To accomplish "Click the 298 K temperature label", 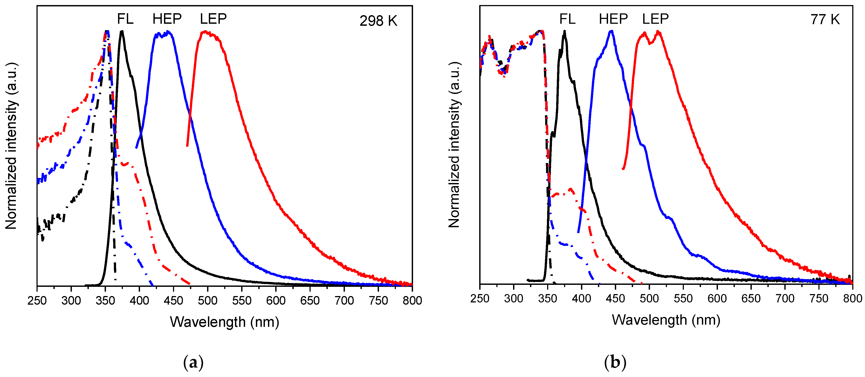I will click(x=378, y=21).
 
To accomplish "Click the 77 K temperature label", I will click(x=825, y=20).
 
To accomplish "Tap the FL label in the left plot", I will click(x=125, y=19).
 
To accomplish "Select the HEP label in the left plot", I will click(x=167, y=19).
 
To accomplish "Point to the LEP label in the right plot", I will click(x=655, y=19).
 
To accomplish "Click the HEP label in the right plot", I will click(x=613, y=19).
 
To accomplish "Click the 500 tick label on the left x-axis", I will click(x=208, y=300).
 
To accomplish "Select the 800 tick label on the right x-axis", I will click(x=852, y=298).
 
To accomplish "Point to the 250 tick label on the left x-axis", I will click(x=37, y=300).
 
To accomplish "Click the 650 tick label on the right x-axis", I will click(x=751, y=298).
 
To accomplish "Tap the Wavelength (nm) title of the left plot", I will click(x=224, y=322).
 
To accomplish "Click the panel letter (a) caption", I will click(x=193, y=363).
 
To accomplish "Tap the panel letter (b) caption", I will click(x=615, y=363).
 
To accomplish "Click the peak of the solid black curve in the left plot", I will click(x=122, y=32).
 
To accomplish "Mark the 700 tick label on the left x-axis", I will click(x=344, y=300).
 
